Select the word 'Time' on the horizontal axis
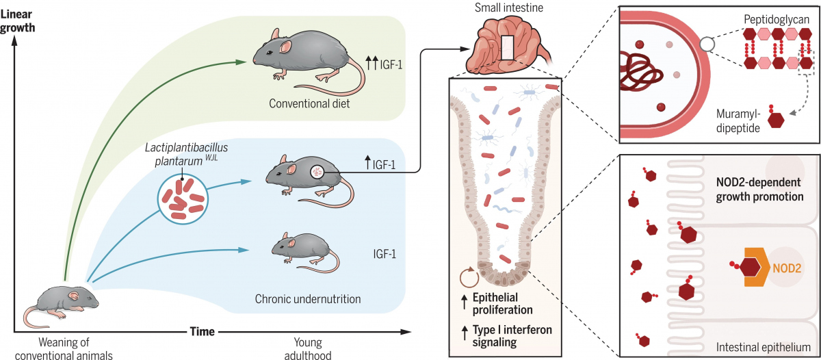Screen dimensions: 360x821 (202, 331)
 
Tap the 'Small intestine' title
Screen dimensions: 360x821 (505, 8)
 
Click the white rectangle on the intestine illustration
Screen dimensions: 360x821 (506, 50)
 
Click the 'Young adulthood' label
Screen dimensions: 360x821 (313, 348)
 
